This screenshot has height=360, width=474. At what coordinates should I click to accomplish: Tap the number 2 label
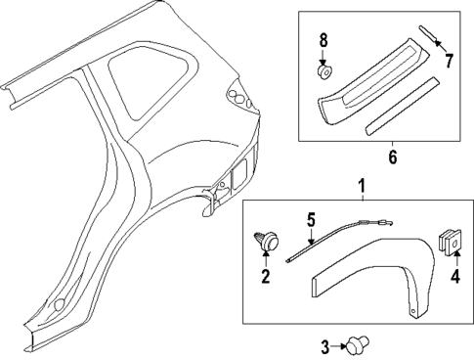(263, 278)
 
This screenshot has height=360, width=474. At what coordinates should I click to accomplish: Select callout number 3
(325, 344)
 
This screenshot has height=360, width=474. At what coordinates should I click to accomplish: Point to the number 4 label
(453, 277)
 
